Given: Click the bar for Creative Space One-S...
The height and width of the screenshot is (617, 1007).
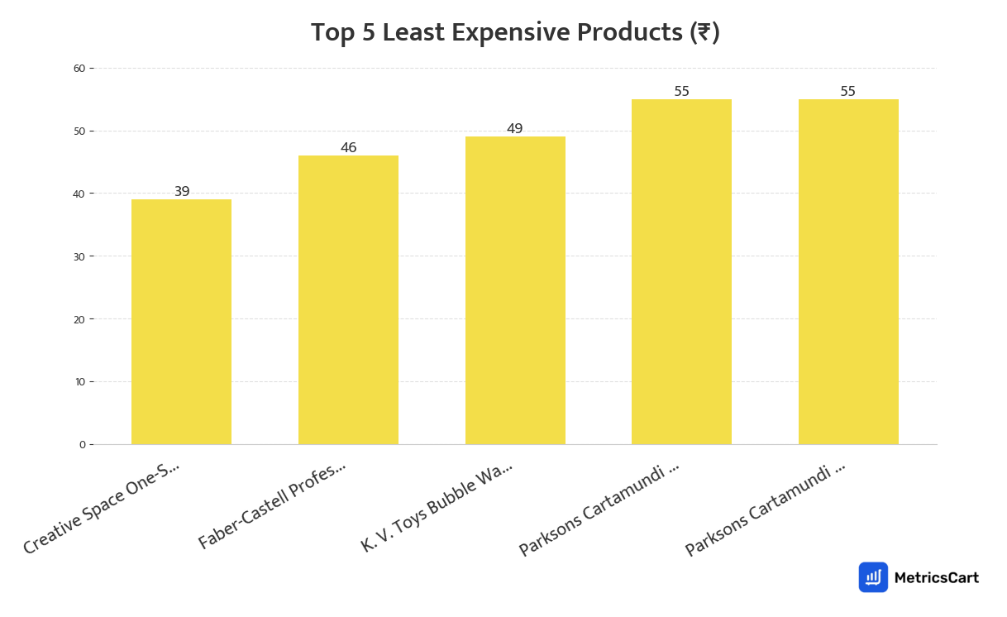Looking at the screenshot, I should [x=181, y=322].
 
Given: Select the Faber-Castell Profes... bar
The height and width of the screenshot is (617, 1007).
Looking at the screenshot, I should [x=348, y=299].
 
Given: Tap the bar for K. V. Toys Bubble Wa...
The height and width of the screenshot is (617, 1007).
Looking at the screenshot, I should [x=515, y=290].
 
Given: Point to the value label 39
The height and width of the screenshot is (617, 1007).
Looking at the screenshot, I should [x=182, y=192].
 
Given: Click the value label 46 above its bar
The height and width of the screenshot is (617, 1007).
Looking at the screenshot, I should [x=349, y=148].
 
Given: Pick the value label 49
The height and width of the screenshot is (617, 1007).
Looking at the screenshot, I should [x=515, y=129].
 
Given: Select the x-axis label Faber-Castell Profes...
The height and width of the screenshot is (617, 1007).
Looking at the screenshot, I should [x=272, y=505].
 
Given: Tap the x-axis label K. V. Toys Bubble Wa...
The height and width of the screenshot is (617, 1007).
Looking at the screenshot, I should [x=437, y=506].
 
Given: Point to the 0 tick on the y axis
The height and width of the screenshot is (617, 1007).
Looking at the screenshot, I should [x=83, y=445].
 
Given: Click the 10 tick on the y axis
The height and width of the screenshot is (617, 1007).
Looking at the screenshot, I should [x=80, y=382].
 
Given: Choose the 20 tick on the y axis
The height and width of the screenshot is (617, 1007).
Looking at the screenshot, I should [x=80, y=319].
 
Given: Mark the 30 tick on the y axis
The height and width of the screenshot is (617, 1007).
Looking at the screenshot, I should [x=80, y=256].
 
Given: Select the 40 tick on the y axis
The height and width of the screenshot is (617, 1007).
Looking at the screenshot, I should [x=80, y=194].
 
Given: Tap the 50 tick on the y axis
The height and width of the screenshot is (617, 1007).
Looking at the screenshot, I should [x=80, y=132].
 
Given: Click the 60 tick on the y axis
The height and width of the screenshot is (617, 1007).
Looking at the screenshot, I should [x=80, y=69].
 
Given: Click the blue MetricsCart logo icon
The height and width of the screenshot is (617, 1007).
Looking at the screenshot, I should [x=873, y=577].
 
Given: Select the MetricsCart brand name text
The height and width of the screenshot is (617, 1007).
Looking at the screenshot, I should [x=937, y=578].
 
